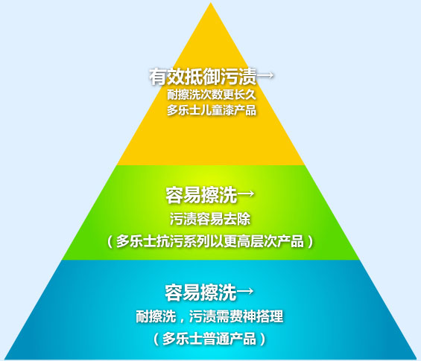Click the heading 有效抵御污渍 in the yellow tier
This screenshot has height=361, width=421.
point(203,77)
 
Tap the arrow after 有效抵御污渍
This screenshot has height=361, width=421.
point(265,75)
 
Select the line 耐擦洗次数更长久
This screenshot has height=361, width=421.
point(212,95)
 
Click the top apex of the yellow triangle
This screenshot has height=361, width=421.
point(211,3)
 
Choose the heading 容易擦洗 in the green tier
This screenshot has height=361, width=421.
point(201,195)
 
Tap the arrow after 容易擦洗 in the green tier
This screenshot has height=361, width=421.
point(245,194)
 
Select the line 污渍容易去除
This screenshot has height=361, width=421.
point(210,219)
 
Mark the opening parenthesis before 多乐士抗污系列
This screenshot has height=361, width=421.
point(110,242)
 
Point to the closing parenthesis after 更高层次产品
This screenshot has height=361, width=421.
point(311,242)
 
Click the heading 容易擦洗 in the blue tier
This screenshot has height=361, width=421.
point(200,293)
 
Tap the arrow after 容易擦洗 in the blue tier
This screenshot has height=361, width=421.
point(245,291)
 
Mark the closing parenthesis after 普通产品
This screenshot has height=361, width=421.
point(263,339)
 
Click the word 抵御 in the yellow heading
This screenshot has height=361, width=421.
point(203,77)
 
